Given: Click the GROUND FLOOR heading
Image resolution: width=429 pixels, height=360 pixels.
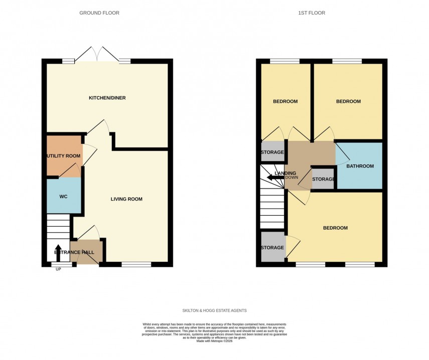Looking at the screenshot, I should click(99, 13).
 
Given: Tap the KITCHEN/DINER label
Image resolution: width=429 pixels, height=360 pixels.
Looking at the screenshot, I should click(107, 98).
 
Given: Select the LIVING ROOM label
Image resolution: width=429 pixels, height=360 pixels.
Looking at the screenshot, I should click(126, 199).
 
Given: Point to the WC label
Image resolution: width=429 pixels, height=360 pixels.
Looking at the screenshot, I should click(63, 196).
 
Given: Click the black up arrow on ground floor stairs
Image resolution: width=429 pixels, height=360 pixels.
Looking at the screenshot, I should click(58, 253).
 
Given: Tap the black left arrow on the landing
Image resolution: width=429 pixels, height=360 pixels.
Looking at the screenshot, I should click(275, 177).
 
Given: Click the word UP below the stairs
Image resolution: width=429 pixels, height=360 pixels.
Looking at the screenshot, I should click(58, 269).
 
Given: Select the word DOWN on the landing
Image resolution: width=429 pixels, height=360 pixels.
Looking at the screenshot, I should click(292, 177).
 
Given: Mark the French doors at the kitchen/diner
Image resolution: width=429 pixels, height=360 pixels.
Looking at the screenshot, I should click(97, 55).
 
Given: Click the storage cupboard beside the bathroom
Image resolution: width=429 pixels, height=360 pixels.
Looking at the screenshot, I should click(324, 179).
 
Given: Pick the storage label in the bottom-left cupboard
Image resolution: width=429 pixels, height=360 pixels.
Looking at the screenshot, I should click(272, 247).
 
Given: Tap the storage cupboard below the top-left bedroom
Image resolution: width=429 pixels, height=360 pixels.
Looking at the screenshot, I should click(272, 152).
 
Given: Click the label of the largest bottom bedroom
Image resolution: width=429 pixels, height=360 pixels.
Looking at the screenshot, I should click(335, 228).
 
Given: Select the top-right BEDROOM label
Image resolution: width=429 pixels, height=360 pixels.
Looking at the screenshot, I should click(348, 101).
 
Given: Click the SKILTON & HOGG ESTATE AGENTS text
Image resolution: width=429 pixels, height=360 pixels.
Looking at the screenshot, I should click(214, 310).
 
